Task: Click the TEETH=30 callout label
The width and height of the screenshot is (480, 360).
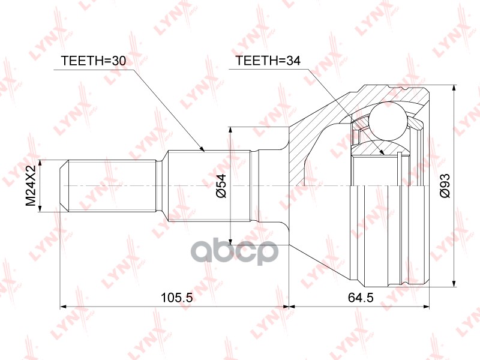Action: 94,61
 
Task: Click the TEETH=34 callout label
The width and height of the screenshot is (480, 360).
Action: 268,61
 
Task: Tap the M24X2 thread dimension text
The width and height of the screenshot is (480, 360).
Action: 31,185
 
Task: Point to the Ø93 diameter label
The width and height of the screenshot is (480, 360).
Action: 445,185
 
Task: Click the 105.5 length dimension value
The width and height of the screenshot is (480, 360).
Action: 177,297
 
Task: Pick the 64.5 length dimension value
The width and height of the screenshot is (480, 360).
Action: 361,297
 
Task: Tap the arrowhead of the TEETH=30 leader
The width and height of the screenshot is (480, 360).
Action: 202,149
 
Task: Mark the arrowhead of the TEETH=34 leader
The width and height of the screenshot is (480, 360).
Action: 382,152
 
